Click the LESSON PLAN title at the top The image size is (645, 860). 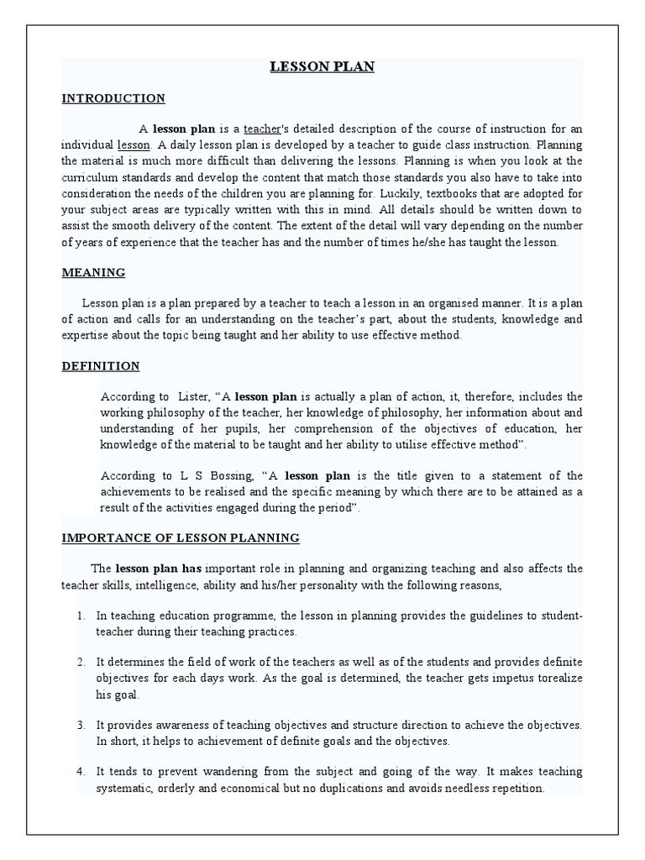click(x=322, y=67)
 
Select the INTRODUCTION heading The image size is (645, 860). click(x=113, y=98)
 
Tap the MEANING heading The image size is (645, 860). click(x=93, y=272)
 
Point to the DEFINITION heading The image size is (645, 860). click(x=101, y=366)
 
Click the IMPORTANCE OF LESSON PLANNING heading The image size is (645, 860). click(x=181, y=537)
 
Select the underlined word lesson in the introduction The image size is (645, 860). click(x=133, y=144)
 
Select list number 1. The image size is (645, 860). click(x=81, y=616)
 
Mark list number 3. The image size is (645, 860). click(x=81, y=726)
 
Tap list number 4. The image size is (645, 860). click(x=81, y=773)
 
